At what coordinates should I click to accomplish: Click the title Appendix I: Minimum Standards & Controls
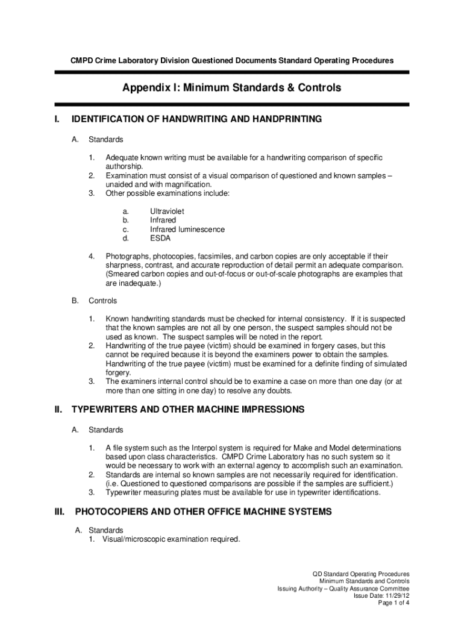231,88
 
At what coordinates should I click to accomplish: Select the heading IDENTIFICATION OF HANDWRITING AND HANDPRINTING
196,119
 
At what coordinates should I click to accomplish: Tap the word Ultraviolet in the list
167,211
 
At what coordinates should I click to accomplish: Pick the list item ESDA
160,238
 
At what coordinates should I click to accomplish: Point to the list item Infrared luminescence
187,230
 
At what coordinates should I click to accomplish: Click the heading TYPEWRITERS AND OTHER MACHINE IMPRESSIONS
188,410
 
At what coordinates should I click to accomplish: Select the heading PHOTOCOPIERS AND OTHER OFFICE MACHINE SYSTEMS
203,512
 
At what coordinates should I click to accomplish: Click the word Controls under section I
102,301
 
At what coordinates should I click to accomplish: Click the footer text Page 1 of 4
393,603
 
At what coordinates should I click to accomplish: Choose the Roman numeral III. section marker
60,512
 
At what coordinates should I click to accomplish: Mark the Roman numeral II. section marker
58,410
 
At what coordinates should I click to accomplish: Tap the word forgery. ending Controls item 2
118,372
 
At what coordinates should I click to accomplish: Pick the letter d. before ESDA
125,238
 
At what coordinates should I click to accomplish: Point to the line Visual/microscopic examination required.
171,539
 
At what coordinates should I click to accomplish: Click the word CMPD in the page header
81,61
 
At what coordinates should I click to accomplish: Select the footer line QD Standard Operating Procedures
360,574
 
